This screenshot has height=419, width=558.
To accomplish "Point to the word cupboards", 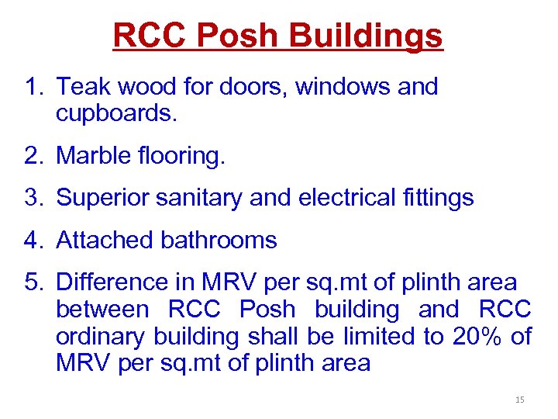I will click(x=117, y=115).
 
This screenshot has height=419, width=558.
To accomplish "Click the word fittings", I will click(x=442, y=198).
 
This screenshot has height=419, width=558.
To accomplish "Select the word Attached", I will click(x=105, y=240).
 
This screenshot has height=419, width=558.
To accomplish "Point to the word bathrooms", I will click(x=219, y=240).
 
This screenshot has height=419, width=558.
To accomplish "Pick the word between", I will click(x=102, y=310).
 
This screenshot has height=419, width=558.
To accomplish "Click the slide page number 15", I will click(x=519, y=400).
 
